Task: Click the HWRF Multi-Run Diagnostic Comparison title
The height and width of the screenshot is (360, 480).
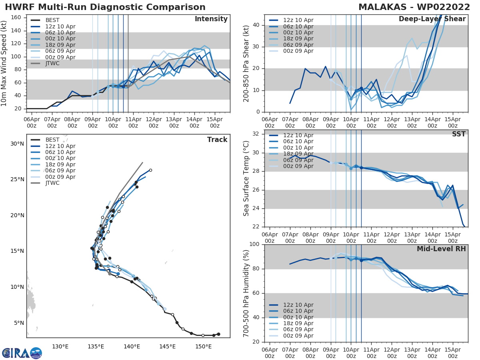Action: pos(105,7)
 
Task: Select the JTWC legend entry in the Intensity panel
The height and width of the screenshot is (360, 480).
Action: pos(52,63)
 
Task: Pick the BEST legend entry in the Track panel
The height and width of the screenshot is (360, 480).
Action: pos(52,140)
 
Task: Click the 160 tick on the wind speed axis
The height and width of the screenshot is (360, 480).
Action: pos(19,18)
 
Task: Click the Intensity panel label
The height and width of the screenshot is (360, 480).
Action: pos(211,19)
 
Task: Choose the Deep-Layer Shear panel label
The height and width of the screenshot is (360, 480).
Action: pos(432,19)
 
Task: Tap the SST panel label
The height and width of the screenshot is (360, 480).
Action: pos(459,134)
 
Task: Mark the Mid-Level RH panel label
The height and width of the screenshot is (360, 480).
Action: pos(441,249)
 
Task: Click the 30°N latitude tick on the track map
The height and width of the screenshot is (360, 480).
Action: pos(17,144)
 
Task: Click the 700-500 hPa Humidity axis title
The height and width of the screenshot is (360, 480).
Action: pos(246,293)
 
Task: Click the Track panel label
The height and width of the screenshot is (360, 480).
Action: pos(217,140)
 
